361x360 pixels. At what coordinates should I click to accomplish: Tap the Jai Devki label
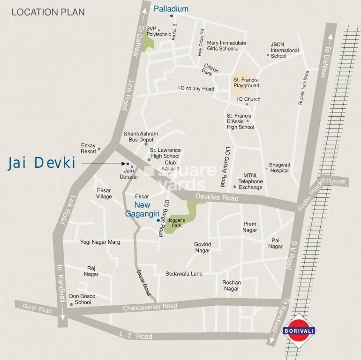42,163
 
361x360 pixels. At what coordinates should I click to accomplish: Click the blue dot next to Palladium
171,15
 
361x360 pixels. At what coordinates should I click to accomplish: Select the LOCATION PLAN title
48,12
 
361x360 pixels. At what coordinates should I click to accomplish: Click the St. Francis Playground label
246,83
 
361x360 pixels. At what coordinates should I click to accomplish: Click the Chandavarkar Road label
150,307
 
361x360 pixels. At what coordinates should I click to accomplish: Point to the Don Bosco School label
82,300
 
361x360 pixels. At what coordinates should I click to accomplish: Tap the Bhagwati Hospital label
280,168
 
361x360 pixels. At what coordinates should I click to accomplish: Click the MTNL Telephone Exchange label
250,181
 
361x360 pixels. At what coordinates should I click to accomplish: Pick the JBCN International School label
284,50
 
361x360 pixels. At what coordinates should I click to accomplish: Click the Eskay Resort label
88,149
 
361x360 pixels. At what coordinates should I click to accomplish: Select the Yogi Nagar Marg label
100,242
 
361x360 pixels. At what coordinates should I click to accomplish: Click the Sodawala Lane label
184,273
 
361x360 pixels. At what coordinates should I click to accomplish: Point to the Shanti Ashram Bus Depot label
141,137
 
